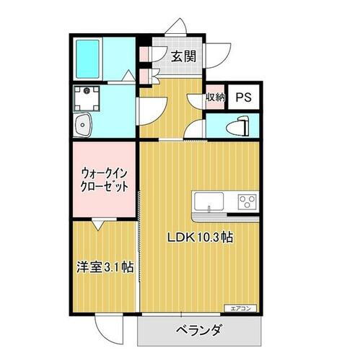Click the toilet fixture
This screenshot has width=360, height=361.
pyautogui.click(x=237, y=127)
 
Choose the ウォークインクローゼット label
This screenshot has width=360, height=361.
pyautogui.click(x=105, y=178)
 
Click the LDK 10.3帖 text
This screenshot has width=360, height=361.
pyautogui.click(x=199, y=238)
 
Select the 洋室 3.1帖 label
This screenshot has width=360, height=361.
pyautogui.click(x=105, y=266)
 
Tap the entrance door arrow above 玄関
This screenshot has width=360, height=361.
pyautogui.click(x=175, y=28)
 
